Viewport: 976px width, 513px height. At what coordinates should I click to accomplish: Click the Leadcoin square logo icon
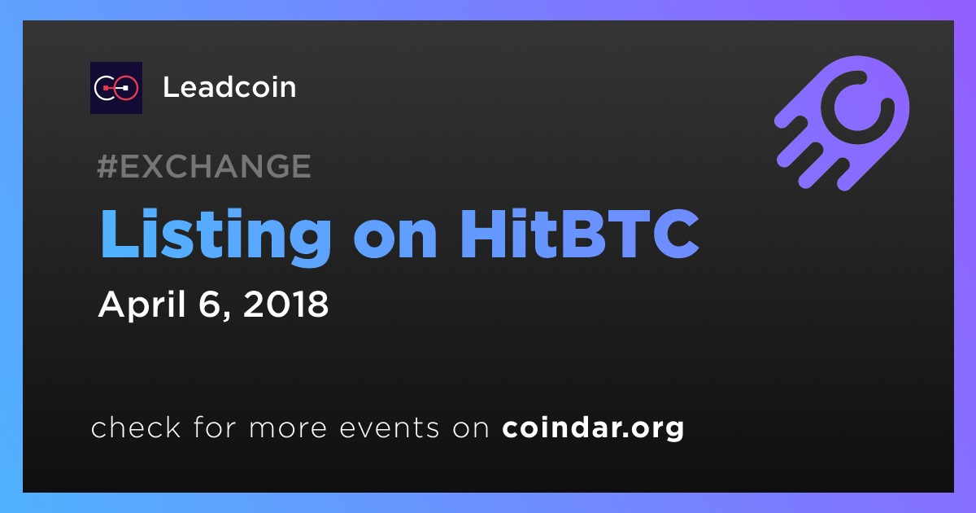(116, 88)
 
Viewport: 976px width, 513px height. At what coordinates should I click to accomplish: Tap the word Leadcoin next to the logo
(229, 87)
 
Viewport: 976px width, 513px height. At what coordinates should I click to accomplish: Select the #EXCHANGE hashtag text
(204, 166)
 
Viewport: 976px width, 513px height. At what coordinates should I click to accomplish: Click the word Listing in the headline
(216, 235)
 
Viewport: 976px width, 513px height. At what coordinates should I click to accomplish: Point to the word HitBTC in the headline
(580, 234)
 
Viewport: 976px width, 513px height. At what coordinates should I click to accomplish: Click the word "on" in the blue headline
(395, 240)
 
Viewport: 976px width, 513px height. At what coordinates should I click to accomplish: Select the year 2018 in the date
(285, 304)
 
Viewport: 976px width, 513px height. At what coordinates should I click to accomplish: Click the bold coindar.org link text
(593, 428)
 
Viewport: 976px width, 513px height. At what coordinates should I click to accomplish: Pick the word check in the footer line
(136, 427)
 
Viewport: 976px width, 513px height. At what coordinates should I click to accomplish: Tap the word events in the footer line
(390, 428)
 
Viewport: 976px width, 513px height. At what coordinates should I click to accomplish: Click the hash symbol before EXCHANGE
(107, 166)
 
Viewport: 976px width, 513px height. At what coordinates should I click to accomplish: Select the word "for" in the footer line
(215, 427)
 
